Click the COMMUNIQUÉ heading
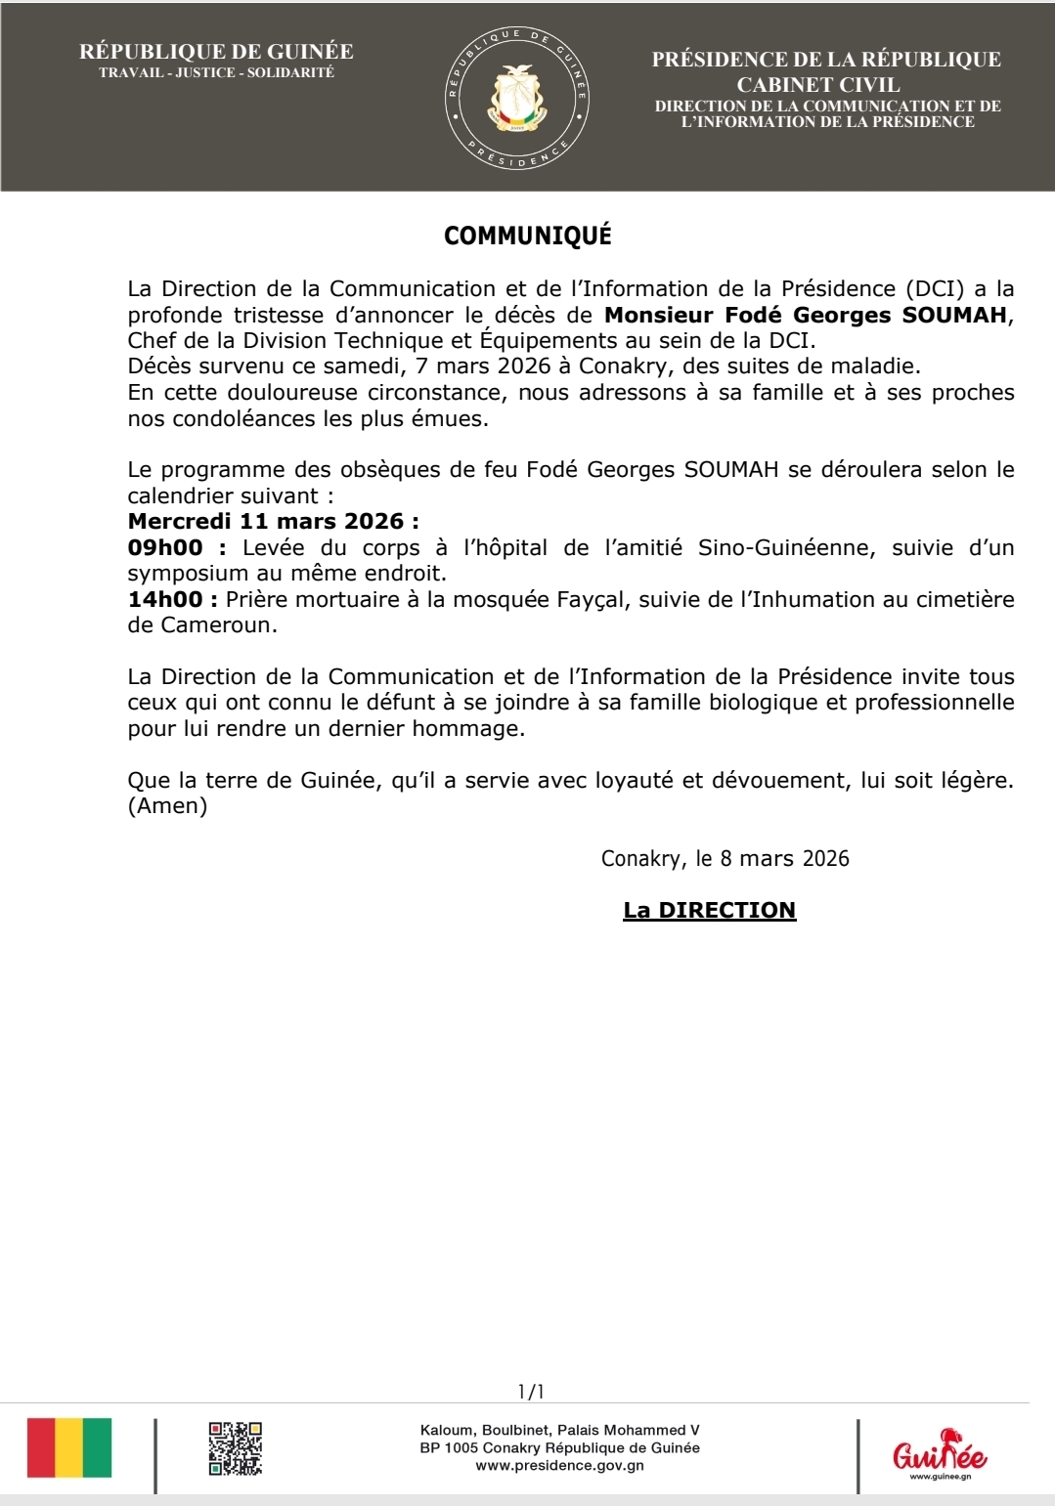(527, 236)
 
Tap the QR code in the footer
(235, 1447)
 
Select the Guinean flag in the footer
(68, 1447)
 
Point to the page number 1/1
(531, 1391)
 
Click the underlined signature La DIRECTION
(709, 910)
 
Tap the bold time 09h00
(165, 547)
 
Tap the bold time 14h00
(165, 599)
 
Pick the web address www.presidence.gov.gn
(559, 1465)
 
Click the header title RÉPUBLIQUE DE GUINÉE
(216, 52)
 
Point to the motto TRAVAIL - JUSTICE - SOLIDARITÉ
(216, 73)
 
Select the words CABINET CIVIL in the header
(817, 85)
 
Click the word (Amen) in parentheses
(167, 806)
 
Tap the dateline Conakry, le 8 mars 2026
(725, 858)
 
